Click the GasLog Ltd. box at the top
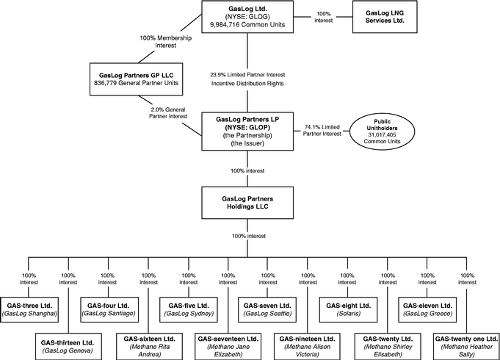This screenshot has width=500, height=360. (247, 17)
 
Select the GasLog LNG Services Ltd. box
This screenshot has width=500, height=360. (385, 17)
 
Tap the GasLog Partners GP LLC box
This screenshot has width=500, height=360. (136, 79)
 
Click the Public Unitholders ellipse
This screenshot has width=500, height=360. (382, 132)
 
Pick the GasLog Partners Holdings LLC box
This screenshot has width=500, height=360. (247, 203)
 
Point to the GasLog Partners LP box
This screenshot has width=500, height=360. (247, 132)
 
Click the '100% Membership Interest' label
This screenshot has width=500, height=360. (166, 41)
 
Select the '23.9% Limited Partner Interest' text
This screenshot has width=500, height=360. (247, 75)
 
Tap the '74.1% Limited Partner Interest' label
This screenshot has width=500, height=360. (322, 130)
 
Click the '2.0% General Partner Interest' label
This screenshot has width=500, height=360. (168, 113)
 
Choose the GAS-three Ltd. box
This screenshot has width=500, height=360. (29, 309)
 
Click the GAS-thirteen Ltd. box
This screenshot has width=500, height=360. (68, 347)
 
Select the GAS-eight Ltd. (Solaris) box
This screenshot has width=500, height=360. (348, 309)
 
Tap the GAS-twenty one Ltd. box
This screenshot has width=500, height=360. (466, 347)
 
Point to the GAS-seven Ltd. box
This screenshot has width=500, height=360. (267, 309)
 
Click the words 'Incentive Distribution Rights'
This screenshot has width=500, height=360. (247, 83)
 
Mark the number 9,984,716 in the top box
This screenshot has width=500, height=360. (225, 24)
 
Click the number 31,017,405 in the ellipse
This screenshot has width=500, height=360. (382, 134)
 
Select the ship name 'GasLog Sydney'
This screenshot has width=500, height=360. (189, 314)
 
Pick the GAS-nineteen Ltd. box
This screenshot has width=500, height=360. (307, 347)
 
